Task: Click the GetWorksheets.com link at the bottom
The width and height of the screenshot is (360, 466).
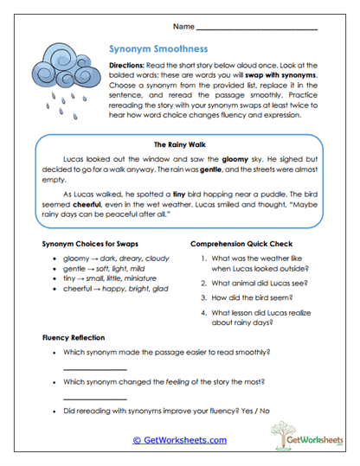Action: point(179,439)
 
